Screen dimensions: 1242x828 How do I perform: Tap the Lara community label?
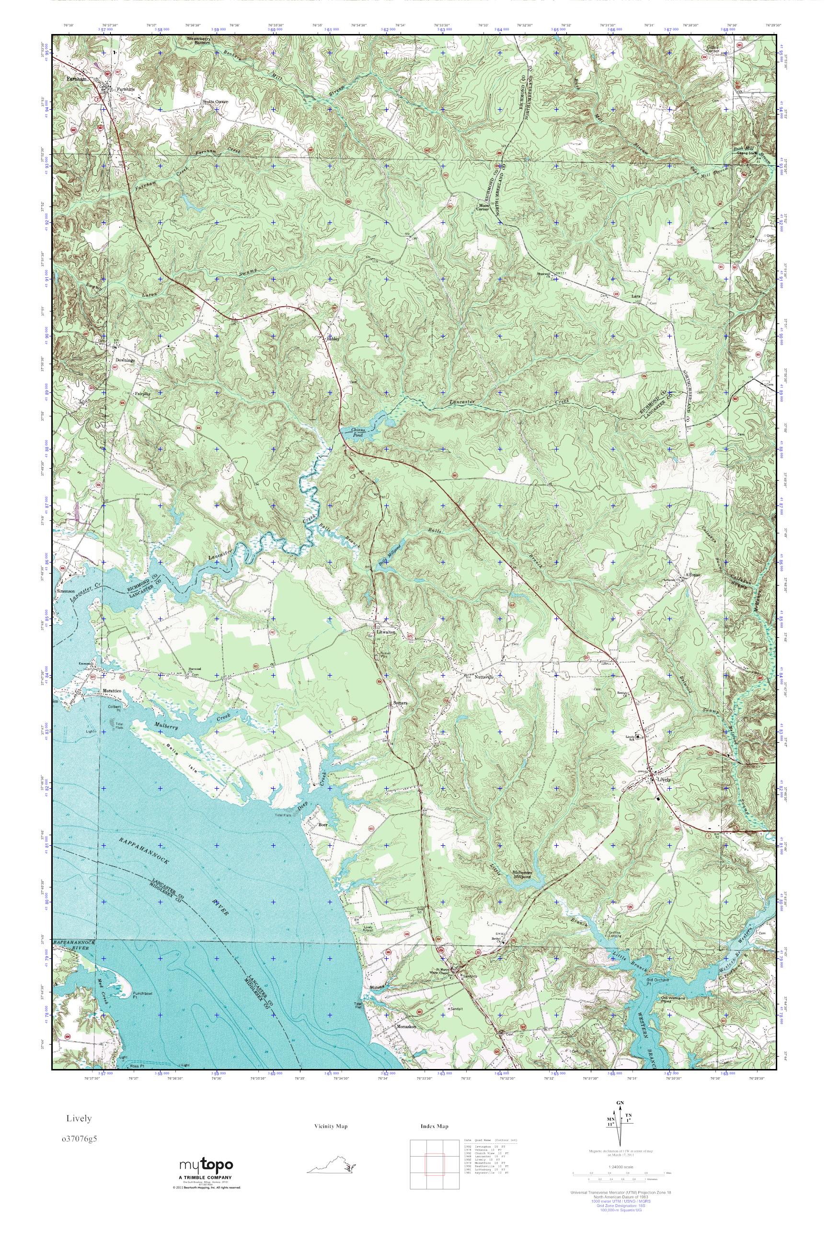pyautogui.click(x=636, y=297)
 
